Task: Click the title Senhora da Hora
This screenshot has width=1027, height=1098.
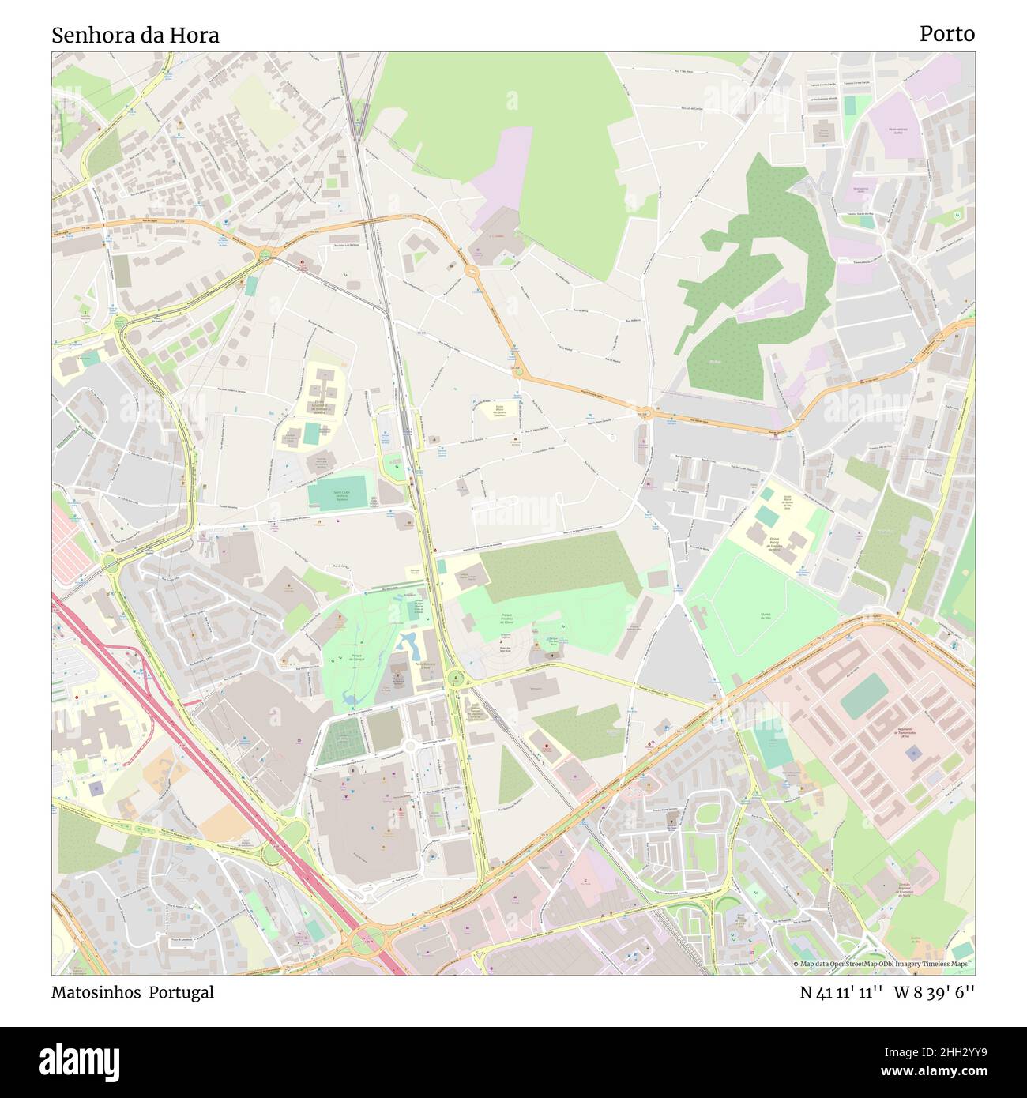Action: click(135, 35)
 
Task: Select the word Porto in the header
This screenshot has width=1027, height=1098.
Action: click(946, 34)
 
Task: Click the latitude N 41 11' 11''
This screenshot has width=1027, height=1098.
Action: click(841, 992)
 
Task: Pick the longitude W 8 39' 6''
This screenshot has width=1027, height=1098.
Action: click(935, 992)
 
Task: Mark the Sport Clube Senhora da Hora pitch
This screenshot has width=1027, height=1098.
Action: click(338, 494)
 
